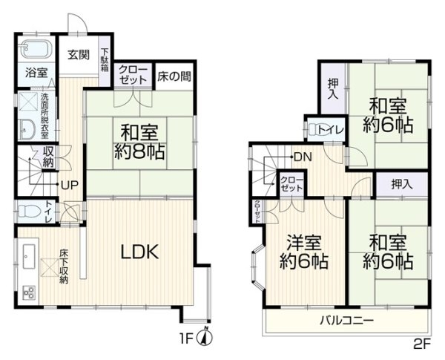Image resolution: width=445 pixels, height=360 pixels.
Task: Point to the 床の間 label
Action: click(x=173, y=76)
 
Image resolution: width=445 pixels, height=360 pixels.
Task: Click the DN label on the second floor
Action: click(x=302, y=157)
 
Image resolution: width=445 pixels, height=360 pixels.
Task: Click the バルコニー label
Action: click(x=346, y=321)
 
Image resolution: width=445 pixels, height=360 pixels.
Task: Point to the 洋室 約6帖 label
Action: click(x=305, y=252)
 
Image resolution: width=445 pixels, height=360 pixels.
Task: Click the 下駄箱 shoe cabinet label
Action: click(x=105, y=59)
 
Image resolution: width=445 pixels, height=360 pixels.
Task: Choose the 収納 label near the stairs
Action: click(x=48, y=157)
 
